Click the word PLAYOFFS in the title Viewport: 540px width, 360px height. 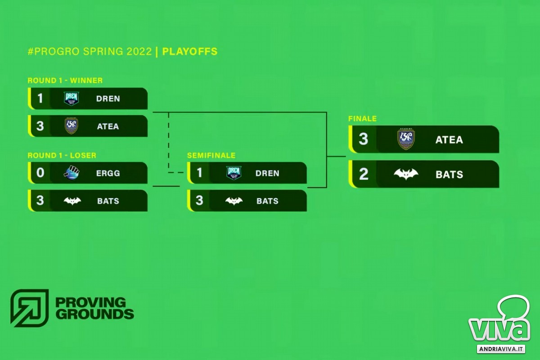[x=190, y=51]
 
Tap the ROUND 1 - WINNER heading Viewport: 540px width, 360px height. [x=65, y=80]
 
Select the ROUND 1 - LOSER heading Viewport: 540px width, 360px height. [x=62, y=155]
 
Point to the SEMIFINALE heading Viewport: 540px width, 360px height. [x=211, y=155]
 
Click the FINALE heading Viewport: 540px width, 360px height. [x=362, y=119]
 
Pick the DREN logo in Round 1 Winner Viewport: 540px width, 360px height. [x=72, y=99]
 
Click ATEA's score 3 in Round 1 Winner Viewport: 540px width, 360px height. [x=40, y=126]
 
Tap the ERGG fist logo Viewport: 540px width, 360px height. [x=72, y=173]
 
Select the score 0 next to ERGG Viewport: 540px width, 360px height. [x=40, y=173]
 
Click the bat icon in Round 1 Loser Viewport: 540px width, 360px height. [x=72, y=201]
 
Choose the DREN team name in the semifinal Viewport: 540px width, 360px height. [x=267, y=173]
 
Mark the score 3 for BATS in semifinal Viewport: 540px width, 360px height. [x=199, y=200]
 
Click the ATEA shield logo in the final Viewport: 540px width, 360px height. [x=406, y=139]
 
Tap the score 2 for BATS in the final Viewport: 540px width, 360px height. [x=364, y=174]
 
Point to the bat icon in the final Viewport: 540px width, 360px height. [x=406, y=174]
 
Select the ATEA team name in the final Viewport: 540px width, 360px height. [x=449, y=139]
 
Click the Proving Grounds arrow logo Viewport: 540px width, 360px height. [x=29, y=308]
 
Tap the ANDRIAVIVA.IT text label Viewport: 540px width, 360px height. [x=501, y=349]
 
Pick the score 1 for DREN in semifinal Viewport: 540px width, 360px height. [x=199, y=173]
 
